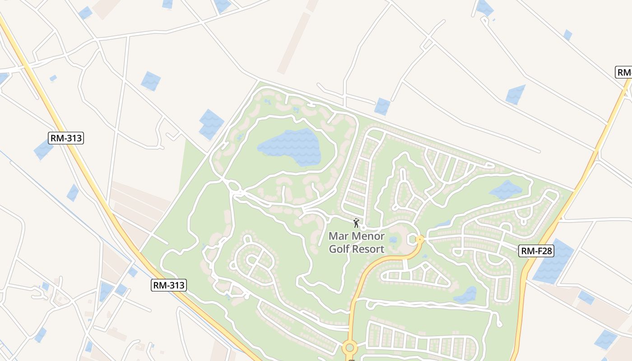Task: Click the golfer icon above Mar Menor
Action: pos(356,223)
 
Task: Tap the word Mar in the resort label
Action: pos(337,236)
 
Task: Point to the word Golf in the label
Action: pos(340,249)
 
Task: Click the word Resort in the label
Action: pos(369,249)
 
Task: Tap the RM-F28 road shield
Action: pos(536,251)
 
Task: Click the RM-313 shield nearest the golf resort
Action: pos(169,285)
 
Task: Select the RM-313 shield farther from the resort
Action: pos(66,138)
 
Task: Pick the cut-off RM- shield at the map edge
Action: pos(624,72)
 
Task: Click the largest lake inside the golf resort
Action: pos(291,146)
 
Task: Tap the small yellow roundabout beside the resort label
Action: pos(419,239)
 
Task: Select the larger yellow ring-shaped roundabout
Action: pos(349,348)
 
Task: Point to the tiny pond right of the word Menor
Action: pos(392,240)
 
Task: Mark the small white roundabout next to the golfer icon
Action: pos(363,228)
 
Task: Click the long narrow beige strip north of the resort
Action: pos(294,43)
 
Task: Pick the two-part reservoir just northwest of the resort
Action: pos(211,124)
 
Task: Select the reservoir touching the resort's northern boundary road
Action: pos(382,106)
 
